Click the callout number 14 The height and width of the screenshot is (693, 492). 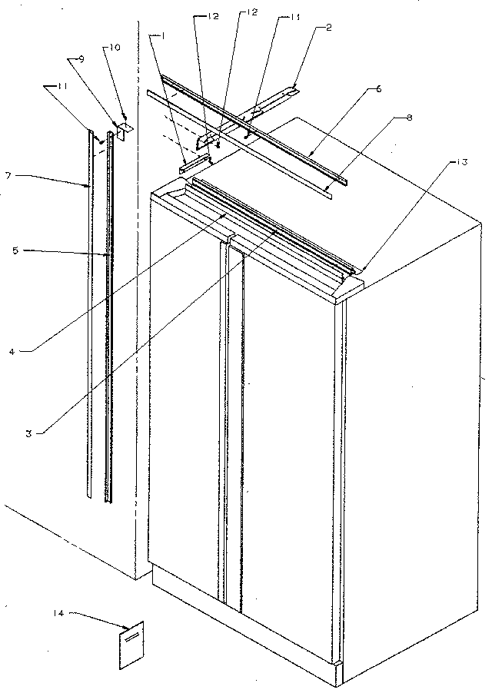coord(58,612)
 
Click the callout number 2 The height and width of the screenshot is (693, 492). coord(329,28)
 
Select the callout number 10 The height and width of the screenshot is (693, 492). coord(115,47)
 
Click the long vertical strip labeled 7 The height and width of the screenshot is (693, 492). coord(91,307)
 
